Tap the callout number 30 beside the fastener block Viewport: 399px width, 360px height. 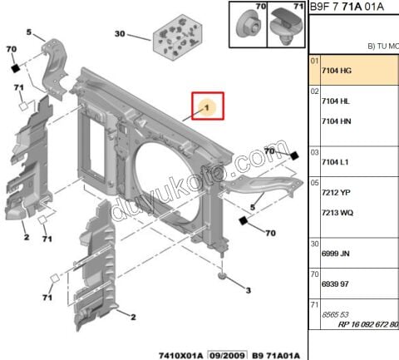pyautogui.click(x=120, y=34)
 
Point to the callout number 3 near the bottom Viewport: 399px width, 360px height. pyautogui.click(x=247, y=289)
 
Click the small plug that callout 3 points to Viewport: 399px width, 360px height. pyautogui.click(x=223, y=274)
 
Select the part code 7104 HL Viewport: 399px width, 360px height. pyautogui.click(x=335, y=100)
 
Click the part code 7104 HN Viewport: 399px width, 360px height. pyautogui.click(x=335, y=121)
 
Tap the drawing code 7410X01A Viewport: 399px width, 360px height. pyautogui.click(x=180, y=353)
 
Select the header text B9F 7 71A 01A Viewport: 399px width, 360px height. pyautogui.click(x=347, y=7)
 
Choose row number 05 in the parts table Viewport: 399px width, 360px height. pyautogui.click(x=314, y=181)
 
